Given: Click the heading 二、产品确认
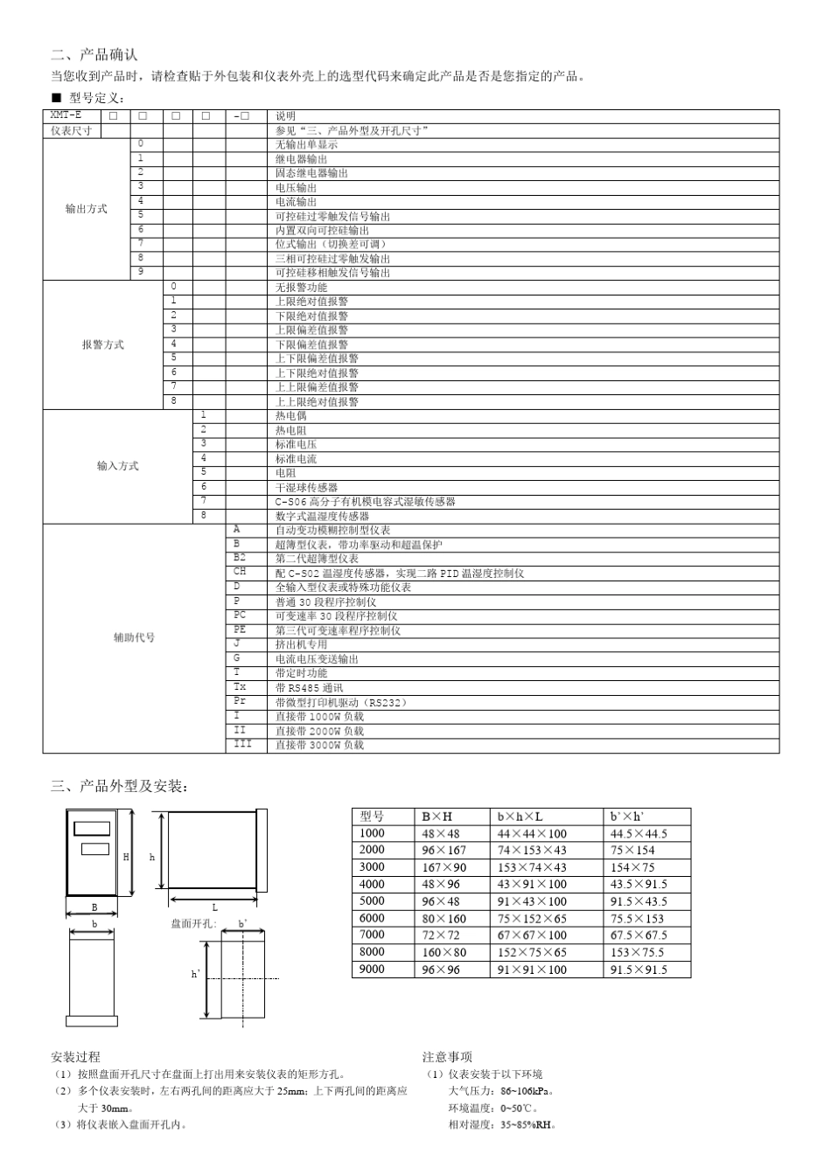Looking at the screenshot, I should tap(94, 55).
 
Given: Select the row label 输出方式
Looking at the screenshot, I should tap(87, 209).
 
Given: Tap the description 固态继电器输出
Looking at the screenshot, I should tap(311, 173).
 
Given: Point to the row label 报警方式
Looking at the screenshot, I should tap(103, 345).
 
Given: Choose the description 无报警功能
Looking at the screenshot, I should tap(301, 288).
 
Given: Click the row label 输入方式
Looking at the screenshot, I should tap(117, 466).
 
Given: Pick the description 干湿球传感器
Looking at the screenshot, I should tap(306, 487).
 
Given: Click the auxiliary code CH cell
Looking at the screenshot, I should tap(240, 572).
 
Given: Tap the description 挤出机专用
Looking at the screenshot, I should tap(301, 644).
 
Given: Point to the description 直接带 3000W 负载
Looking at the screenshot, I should tap(319, 745).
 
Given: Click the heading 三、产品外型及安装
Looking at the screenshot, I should tap(119, 787).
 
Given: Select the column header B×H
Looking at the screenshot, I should tap(437, 817).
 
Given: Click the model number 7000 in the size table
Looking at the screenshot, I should tap(372, 935).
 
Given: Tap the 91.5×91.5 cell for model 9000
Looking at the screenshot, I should tap(639, 970).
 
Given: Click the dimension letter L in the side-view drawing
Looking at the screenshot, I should tap(215, 908).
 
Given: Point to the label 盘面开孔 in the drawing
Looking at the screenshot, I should tap(192, 924).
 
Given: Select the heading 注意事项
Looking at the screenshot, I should tap(447, 1057).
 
